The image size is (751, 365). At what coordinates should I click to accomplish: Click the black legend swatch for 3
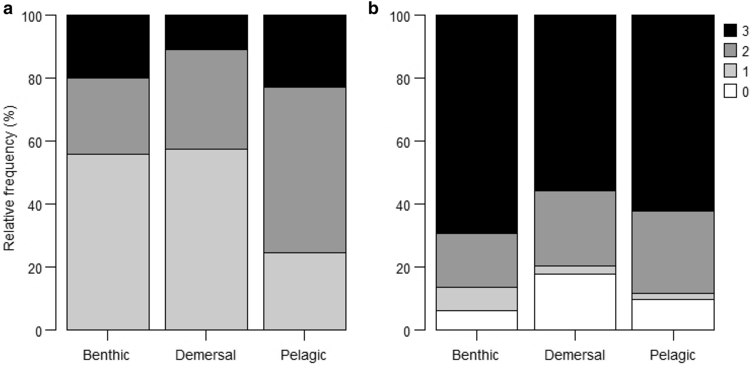click(730, 31)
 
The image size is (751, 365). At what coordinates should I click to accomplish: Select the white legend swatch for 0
click(730, 91)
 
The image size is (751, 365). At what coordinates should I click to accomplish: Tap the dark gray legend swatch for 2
click(730, 51)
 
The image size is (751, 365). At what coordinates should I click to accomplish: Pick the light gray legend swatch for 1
click(730, 71)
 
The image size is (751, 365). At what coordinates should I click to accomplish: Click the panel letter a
click(7, 8)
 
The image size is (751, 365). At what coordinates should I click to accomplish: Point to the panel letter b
click(373, 8)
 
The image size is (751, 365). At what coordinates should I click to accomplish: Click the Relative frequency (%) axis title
click(9, 178)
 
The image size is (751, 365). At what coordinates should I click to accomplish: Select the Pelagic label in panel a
click(303, 355)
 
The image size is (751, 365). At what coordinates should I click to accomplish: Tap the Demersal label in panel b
click(575, 355)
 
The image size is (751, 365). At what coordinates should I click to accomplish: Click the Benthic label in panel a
click(106, 355)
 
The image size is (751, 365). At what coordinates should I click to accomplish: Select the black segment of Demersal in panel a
click(206, 32)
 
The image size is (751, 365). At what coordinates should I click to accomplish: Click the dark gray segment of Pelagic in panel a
click(305, 170)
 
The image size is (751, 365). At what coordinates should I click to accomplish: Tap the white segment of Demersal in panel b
click(575, 302)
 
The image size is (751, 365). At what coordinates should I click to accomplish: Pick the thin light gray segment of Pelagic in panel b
click(673, 296)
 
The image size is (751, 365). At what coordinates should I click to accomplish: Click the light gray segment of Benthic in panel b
click(476, 299)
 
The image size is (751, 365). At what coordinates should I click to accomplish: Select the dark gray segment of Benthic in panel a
click(108, 116)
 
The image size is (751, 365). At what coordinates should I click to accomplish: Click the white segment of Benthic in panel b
click(476, 320)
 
